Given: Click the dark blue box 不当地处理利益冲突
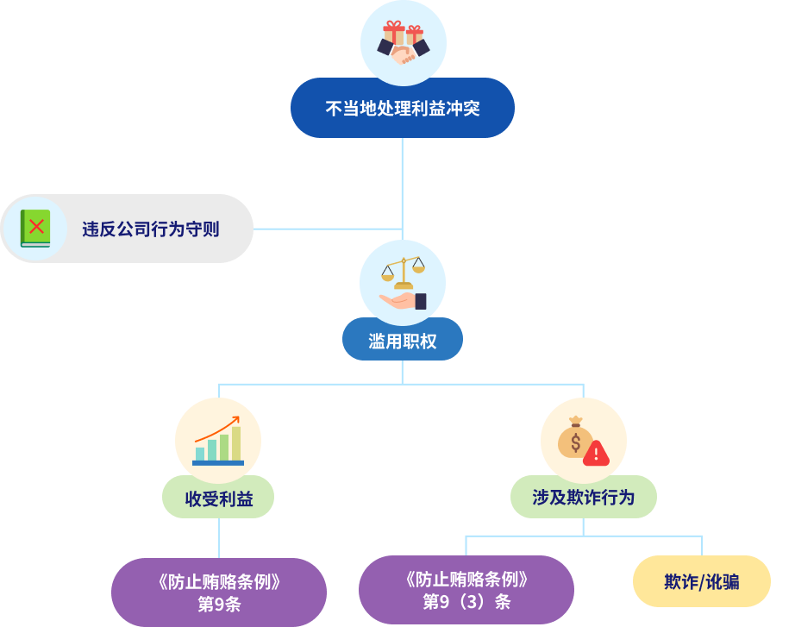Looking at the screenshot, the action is coord(403,108).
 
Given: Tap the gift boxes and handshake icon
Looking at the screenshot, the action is coord(404,42).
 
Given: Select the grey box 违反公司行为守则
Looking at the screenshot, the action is coord(127,229).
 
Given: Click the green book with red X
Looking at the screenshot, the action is coord(35,229).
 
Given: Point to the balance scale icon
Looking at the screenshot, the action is coord(403,273).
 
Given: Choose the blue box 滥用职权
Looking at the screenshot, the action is coord(403,340).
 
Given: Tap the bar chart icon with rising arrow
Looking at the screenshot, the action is coord(218,441).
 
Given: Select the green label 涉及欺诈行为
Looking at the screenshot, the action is coord(584,497).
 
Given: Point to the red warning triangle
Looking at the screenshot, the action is coord(597,453).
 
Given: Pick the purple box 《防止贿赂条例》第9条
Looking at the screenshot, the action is coord(219,592).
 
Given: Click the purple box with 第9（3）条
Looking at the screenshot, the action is coord(466,589).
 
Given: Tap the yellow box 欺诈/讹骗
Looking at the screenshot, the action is coord(702,581).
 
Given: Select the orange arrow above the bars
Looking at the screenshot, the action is coord(217,429).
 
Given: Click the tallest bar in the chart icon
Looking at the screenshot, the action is coord(236,443).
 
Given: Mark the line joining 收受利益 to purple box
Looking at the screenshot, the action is coord(219,538).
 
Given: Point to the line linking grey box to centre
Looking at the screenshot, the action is coord(328,229).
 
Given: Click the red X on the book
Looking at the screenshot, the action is coord(36,226).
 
